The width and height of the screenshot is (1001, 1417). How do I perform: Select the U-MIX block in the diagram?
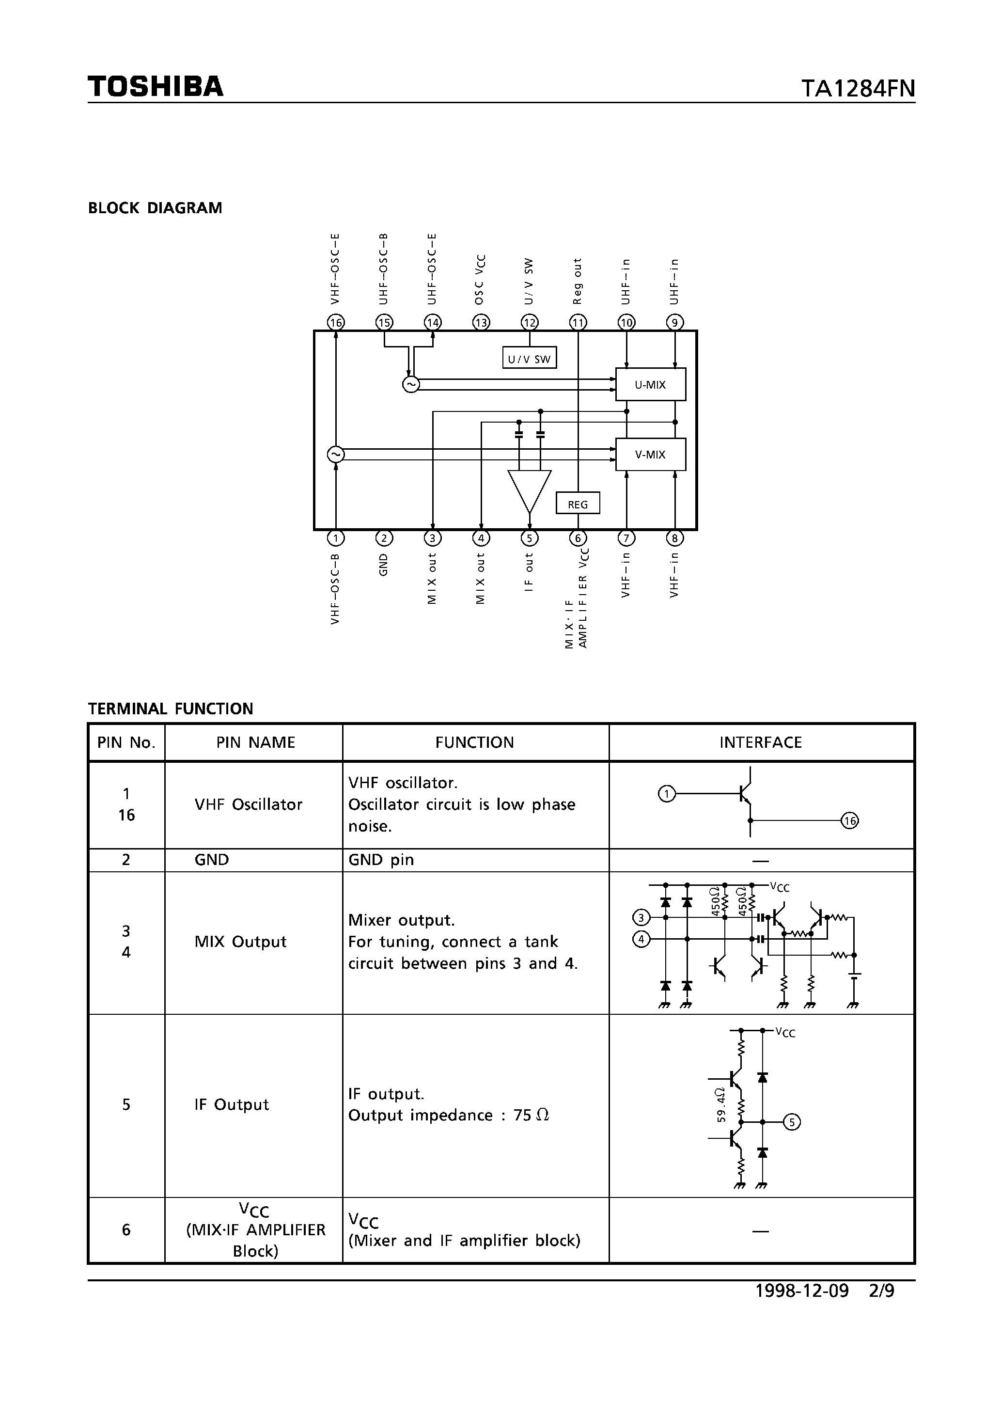(651, 384)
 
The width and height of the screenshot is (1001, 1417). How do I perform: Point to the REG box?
(578, 504)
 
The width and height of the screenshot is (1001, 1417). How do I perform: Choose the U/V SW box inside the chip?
(530, 359)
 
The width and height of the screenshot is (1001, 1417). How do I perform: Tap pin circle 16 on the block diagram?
(336, 322)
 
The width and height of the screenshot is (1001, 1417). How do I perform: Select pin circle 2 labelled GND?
(384, 538)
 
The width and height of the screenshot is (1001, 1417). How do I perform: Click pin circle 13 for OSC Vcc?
(481, 322)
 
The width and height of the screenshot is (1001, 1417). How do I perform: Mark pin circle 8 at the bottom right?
(674, 538)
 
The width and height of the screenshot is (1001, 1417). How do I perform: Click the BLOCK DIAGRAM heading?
(155, 208)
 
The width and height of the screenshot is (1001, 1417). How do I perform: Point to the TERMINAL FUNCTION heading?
(171, 708)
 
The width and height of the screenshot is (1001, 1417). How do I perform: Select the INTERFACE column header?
(760, 742)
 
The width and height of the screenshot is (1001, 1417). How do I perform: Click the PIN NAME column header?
(255, 742)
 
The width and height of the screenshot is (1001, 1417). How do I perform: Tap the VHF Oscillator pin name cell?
(249, 804)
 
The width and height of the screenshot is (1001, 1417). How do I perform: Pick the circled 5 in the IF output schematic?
(792, 1121)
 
